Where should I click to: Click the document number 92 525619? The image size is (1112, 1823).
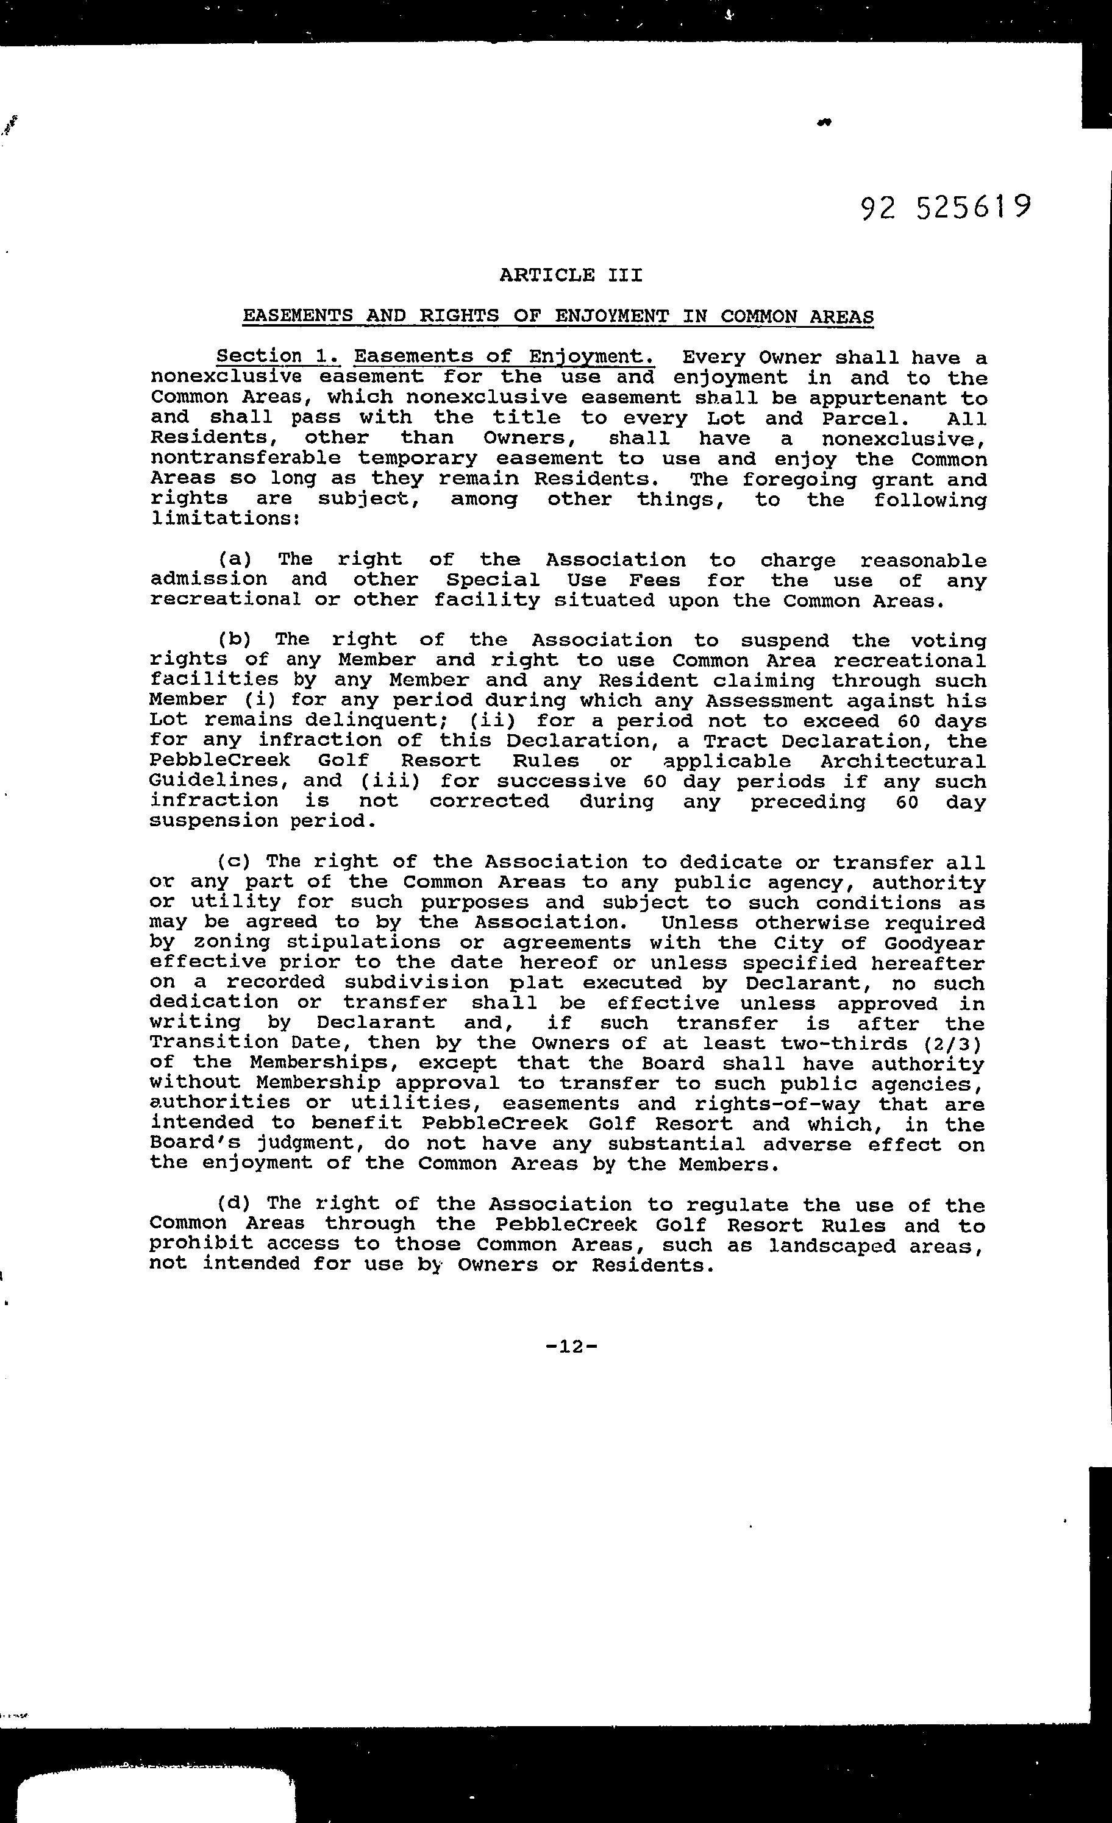(x=946, y=208)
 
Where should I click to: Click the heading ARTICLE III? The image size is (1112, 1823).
(x=571, y=276)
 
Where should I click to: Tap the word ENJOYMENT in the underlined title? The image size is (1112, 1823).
(x=611, y=317)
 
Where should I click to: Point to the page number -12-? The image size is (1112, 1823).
(x=571, y=1347)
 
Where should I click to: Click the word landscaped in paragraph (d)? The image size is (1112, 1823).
(x=832, y=1246)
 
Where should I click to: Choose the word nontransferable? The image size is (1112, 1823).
(x=245, y=459)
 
